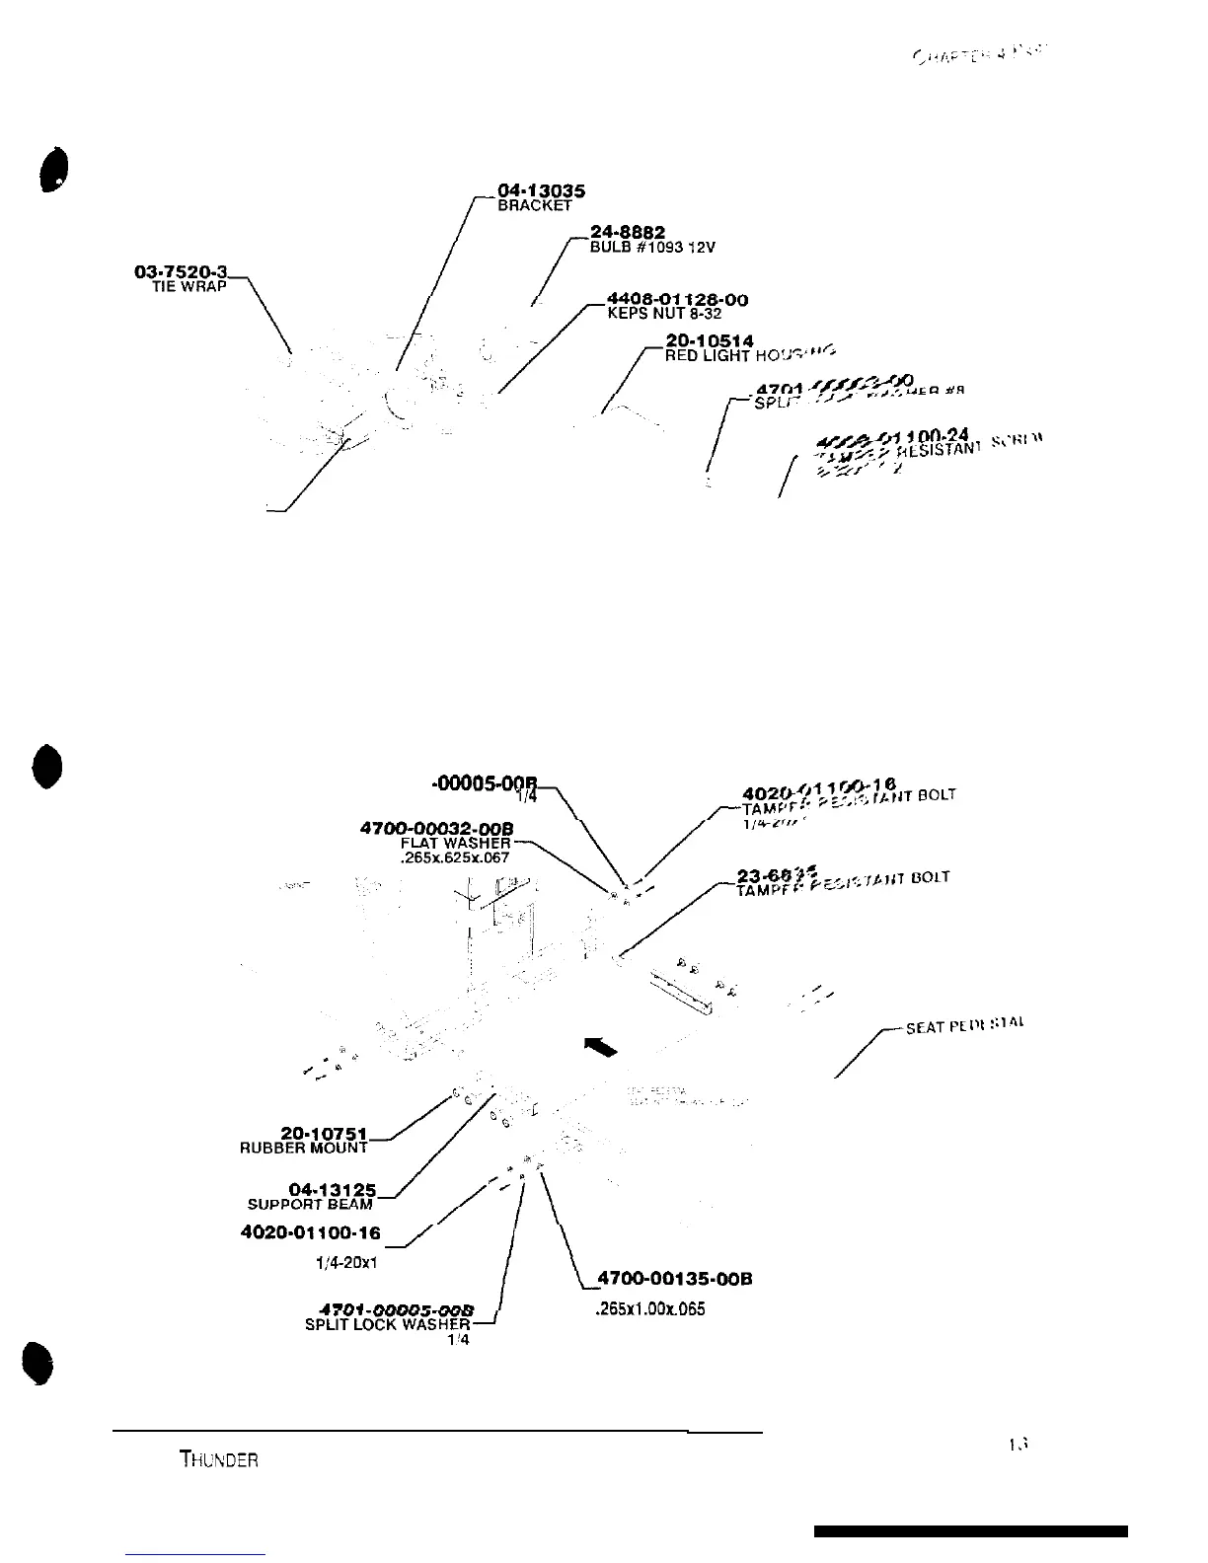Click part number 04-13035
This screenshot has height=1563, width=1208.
pyautogui.click(x=541, y=191)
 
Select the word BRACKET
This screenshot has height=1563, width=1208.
pyautogui.click(x=534, y=206)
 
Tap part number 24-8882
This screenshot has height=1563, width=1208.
pyautogui.click(x=627, y=232)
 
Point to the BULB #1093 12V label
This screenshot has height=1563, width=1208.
pyautogui.click(x=645, y=247)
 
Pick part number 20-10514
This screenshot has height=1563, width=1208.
pyautogui.click(x=710, y=341)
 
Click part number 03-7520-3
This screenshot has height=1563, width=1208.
pyautogui.click(x=181, y=272)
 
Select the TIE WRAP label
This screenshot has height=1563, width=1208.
pyautogui.click(x=189, y=286)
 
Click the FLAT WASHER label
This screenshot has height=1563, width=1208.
pyautogui.click(x=455, y=843)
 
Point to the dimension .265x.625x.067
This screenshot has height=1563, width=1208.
pyautogui.click(x=455, y=857)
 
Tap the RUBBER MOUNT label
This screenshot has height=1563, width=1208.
pyautogui.click(x=304, y=1149)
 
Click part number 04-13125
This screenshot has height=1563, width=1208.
pyautogui.click(x=332, y=1190)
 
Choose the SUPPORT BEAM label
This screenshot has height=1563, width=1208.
pyautogui.click(x=310, y=1204)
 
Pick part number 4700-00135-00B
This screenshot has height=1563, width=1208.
pyautogui.click(x=675, y=1279)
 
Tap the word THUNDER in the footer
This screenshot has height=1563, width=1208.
pyautogui.click(x=219, y=1459)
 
